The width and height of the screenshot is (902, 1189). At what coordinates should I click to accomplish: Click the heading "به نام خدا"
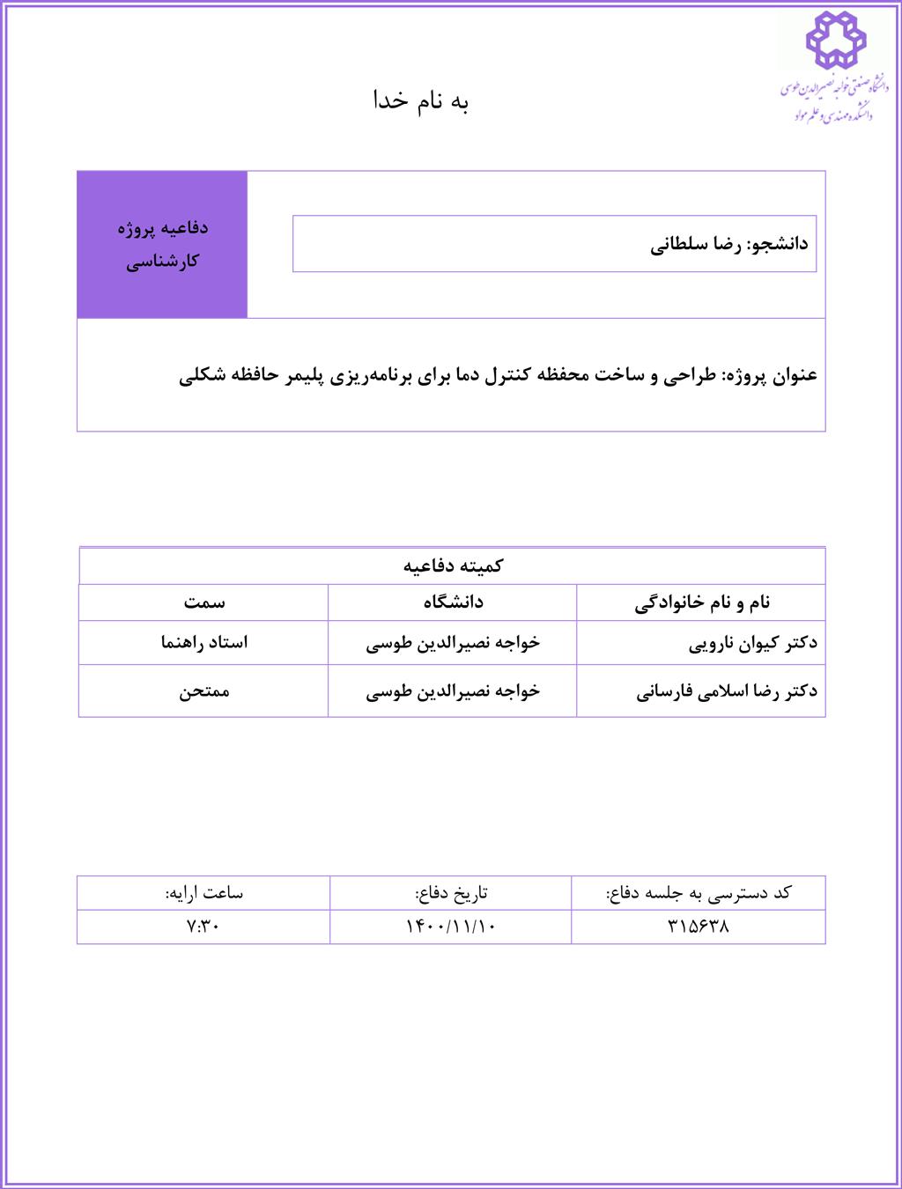pyautogui.click(x=421, y=101)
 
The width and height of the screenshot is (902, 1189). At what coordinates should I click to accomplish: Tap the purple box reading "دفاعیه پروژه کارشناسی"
pyautogui.click(x=162, y=244)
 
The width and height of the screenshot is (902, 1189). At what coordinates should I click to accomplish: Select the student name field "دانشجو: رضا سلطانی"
pyautogui.click(x=729, y=244)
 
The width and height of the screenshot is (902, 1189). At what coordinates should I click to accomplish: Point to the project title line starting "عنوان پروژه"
pyautogui.click(x=499, y=375)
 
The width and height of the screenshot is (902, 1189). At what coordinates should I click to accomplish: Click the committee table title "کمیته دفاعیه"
pyautogui.click(x=453, y=565)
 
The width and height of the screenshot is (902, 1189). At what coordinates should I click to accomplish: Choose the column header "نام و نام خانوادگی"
pyautogui.click(x=702, y=602)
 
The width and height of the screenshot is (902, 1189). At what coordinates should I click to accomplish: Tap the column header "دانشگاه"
pyautogui.click(x=453, y=602)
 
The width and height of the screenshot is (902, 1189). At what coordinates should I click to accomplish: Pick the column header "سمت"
pyautogui.click(x=204, y=602)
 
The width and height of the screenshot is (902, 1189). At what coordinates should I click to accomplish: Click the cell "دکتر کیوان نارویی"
pyautogui.click(x=752, y=643)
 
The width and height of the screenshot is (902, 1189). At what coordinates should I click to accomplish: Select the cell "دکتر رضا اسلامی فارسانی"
pyautogui.click(x=727, y=691)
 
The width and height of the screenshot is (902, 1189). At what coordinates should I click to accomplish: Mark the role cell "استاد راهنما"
pyautogui.click(x=204, y=643)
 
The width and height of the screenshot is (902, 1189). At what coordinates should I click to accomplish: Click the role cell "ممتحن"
pyautogui.click(x=204, y=691)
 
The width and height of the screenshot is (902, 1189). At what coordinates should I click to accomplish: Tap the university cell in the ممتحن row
pyautogui.click(x=453, y=691)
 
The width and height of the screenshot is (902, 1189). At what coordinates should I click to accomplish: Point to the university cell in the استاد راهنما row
pyautogui.click(x=453, y=643)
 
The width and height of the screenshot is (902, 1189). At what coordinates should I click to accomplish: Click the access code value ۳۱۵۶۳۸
pyautogui.click(x=699, y=927)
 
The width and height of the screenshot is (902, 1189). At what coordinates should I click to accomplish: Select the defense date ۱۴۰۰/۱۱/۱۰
pyautogui.click(x=451, y=927)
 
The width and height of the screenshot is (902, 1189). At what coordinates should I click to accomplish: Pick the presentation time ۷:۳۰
pyautogui.click(x=203, y=927)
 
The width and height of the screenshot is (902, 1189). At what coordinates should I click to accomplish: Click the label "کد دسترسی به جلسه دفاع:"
pyautogui.click(x=699, y=893)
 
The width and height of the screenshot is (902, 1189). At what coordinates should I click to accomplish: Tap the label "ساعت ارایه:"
pyautogui.click(x=203, y=893)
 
